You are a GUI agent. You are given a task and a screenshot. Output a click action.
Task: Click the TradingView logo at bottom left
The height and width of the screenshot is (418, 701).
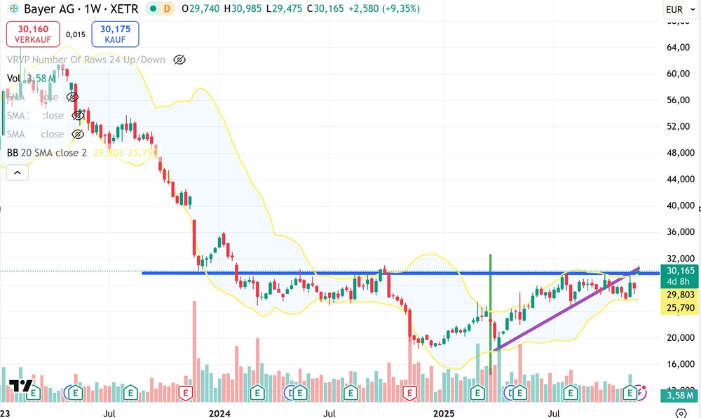(x=20, y=386)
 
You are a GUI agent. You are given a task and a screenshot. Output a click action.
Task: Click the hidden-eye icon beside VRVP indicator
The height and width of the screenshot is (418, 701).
(x=179, y=60)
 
